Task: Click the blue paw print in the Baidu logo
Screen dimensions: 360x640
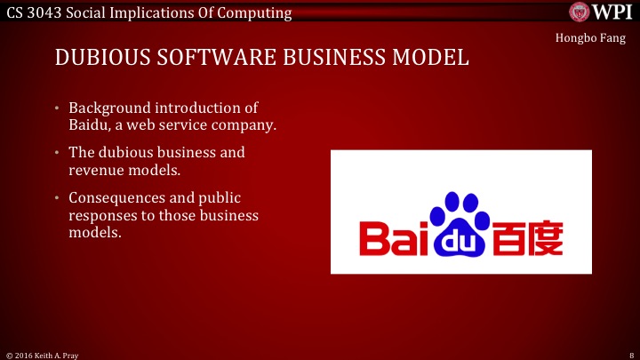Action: point(460,222)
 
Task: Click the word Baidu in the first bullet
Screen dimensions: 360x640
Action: point(88,125)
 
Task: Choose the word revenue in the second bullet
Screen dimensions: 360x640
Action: point(95,170)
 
